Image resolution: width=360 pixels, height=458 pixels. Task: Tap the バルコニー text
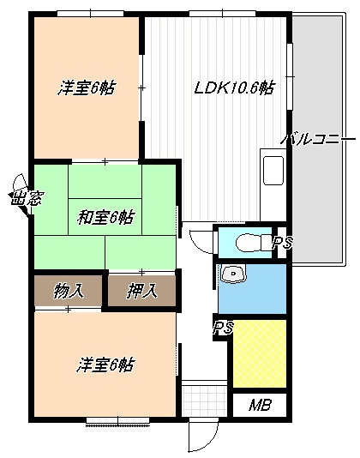(x=318, y=138)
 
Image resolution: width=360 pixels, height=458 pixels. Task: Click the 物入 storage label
(x=68, y=290)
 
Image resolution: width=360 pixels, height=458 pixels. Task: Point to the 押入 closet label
(x=141, y=290)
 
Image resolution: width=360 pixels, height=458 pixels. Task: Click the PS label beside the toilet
(x=282, y=244)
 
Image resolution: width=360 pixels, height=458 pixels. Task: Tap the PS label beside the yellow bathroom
(x=223, y=328)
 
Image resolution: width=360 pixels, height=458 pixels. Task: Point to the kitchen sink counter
(x=273, y=170)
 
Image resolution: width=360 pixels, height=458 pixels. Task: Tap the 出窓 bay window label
(x=20, y=200)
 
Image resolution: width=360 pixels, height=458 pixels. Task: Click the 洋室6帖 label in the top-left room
(x=88, y=87)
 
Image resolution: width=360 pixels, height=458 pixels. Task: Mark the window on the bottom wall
(x=117, y=419)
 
